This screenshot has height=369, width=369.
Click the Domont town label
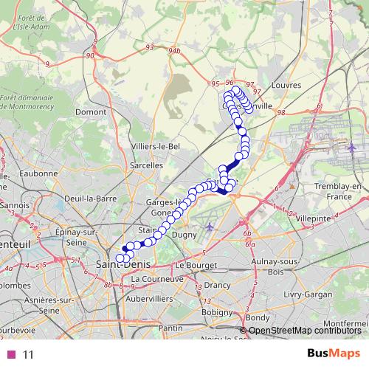(91, 112)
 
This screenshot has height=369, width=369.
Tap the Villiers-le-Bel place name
(156, 146)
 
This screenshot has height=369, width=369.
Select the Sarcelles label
(146, 166)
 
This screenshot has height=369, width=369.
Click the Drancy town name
(217, 284)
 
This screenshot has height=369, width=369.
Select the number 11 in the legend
(29, 354)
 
